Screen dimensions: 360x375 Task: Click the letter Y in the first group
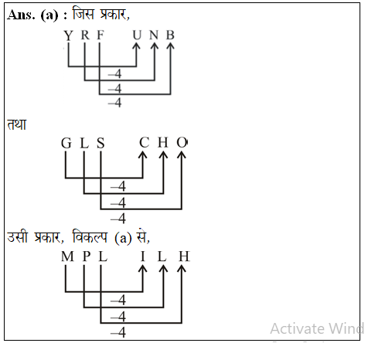(x=68, y=36)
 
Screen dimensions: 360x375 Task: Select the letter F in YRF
(x=100, y=36)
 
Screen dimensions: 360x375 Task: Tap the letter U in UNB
(x=137, y=36)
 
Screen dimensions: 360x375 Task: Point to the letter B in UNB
(x=170, y=36)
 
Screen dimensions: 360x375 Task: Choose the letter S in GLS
(x=100, y=143)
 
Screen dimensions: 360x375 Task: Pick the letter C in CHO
(x=144, y=143)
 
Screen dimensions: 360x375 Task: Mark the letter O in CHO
(x=182, y=143)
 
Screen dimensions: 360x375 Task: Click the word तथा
(x=16, y=124)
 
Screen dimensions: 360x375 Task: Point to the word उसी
(x=19, y=237)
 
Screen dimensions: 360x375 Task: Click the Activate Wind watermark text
(x=317, y=328)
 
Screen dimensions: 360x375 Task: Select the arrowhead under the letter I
(x=143, y=270)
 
